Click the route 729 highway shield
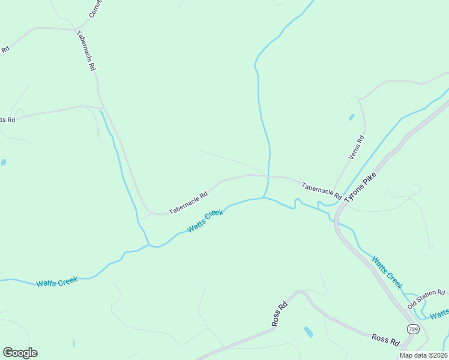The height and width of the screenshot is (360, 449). tap(412, 329)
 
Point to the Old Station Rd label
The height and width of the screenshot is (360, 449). tap(427, 298)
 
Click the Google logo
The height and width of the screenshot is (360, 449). tap(20, 353)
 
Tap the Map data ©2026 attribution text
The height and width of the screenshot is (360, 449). tap(423, 355)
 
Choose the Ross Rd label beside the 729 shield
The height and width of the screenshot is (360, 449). tap(385, 340)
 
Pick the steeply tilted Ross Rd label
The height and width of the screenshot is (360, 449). tap(280, 314)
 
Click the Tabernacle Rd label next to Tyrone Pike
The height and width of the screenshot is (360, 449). tap(321, 191)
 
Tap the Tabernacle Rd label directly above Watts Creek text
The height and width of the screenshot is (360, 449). tap(188, 203)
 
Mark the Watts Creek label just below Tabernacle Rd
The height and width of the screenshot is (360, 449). tap(205, 221)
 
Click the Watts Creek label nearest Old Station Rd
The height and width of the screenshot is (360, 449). tap(387, 272)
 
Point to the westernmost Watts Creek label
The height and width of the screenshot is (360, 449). tap(57, 282)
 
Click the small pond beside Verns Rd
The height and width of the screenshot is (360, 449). tap(351, 118)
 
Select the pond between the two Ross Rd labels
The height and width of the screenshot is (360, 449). tap(308, 331)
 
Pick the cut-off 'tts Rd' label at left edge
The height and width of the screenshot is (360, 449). tap(7, 119)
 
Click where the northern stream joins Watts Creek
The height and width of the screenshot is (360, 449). tap(264, 197)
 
